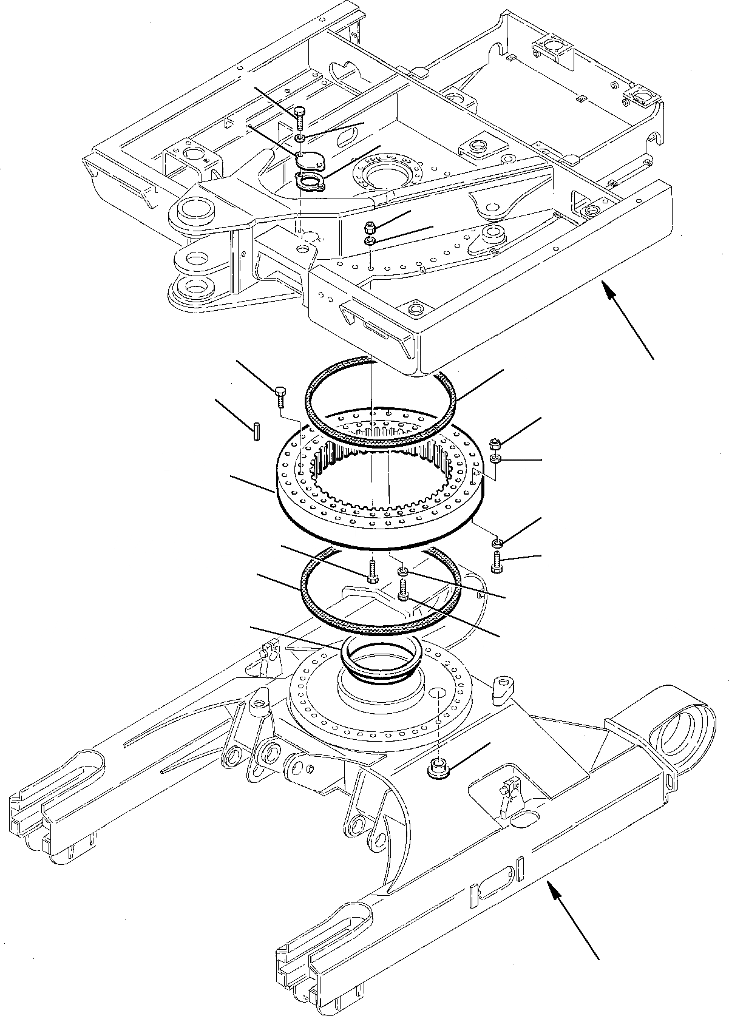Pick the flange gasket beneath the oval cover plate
pyautogui.click(x=310, y=181)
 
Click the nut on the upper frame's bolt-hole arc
pyautogui.click(x=371, y=228)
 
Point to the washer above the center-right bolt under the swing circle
pyautogui.click(x=402, y=572)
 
